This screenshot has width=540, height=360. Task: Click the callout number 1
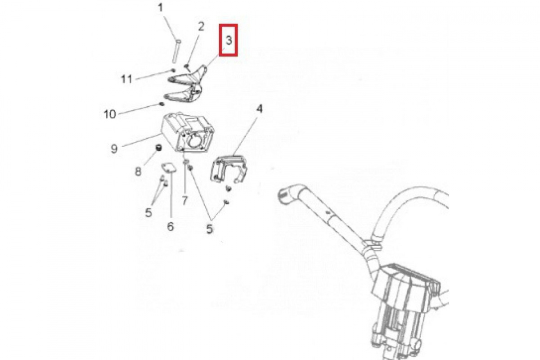[x=161, y=8]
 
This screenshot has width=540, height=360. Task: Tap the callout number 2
[x=201, y=26]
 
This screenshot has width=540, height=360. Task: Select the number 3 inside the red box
[x=229, y=40]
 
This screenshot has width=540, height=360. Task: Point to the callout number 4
[x=259, y=109]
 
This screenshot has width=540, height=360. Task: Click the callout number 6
[x=171, y=227]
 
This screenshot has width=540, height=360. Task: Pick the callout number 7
[x=185, y=201]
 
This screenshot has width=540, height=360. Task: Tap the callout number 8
[x=138, y=172]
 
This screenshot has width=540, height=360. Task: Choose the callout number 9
[x=114, y=148]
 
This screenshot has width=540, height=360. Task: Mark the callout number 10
[x=110, y=114]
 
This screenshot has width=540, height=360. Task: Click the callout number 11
[x=126, y=79]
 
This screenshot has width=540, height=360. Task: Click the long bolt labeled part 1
[x=177, y=51]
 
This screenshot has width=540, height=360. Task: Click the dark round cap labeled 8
[x=158, y=147]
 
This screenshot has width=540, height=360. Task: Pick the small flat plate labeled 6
[x=169, y=168]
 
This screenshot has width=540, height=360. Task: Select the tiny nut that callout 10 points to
[x=162, y=104]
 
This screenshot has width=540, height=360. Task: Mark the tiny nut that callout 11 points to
[x=173, y=70]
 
